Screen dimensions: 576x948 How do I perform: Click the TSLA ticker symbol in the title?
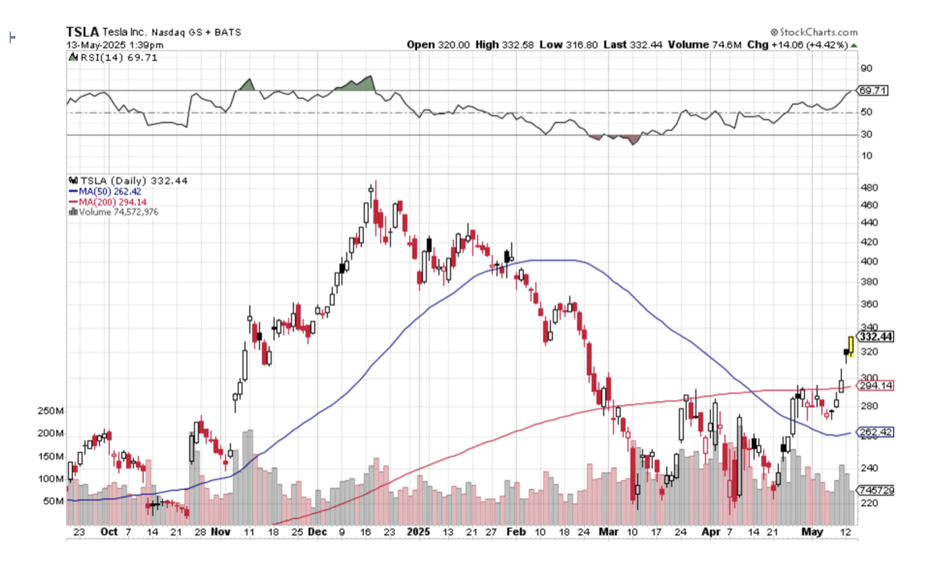82,31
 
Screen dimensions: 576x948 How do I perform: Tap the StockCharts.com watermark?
813,31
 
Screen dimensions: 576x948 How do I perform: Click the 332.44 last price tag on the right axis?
875,336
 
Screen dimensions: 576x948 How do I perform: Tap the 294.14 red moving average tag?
875,386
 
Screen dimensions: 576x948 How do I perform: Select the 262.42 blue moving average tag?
875,432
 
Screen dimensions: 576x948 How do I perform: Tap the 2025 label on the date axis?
418,532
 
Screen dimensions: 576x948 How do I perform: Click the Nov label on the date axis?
222,532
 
